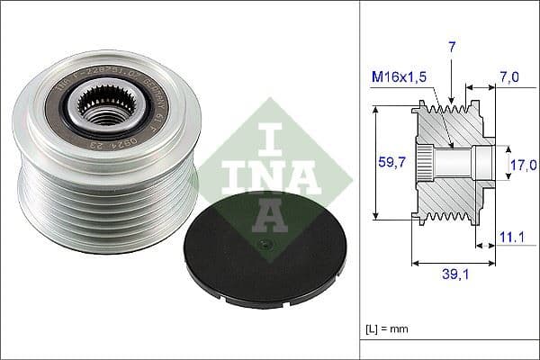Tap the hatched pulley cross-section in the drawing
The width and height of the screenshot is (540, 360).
pyautogui.click(x=454, y=162)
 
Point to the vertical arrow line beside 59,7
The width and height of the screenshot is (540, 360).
pyautogui.click(x=372, y=162)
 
